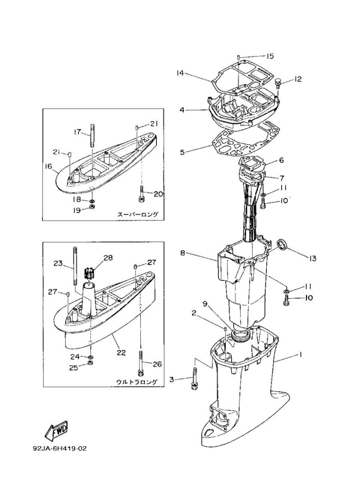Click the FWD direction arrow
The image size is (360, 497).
click(x=57, y=430)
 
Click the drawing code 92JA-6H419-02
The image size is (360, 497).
click(x=60, y=449)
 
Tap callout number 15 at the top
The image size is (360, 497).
click(x=270, y=56)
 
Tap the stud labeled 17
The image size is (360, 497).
click(x=92, y=135)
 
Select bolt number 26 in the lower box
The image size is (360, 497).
click(x=140, y=364)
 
